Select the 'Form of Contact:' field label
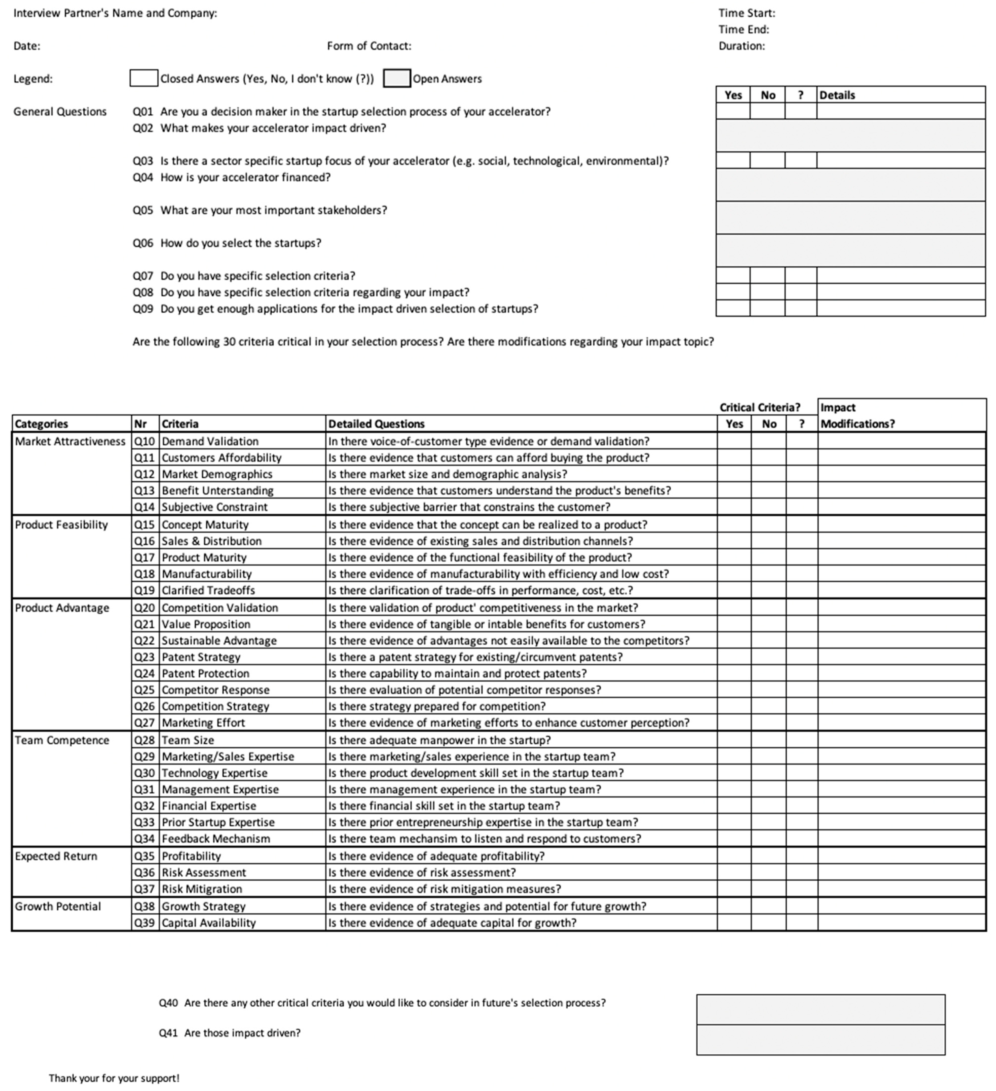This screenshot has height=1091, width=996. (x=369, y=46)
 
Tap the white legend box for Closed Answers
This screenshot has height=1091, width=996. (x=144, y=78)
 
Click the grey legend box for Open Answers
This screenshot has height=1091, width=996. (x=397, y=78)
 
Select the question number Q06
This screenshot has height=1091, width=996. (x=143, y=243)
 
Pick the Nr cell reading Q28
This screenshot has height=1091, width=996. (x=144, y=740)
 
